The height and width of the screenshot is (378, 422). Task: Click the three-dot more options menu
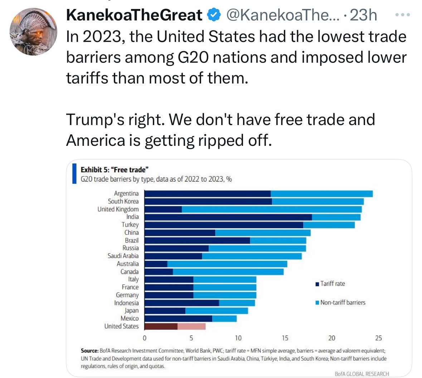pos(402,15)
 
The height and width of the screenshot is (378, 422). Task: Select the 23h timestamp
pos(363,15)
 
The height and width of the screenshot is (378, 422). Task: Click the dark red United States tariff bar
pos(161,326)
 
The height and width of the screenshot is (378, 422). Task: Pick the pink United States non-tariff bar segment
pos(191,326)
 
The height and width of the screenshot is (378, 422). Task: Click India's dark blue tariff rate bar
pos(228,217)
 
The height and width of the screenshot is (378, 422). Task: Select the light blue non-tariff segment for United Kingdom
pos(272,209)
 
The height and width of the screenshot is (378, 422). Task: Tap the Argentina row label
pos(126,193)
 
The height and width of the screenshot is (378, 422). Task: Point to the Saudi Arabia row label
pos(123,256)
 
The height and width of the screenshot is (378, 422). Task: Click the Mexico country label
pos(130,318)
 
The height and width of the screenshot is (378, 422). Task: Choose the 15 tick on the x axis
pos(285,338)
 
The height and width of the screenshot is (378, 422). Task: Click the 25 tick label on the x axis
pos(378,338)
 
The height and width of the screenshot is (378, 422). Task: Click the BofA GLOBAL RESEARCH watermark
pos(362,374)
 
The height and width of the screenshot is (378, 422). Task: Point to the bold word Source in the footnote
pos(89,351)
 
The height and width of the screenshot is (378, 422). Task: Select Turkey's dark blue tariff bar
pos(224,225)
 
